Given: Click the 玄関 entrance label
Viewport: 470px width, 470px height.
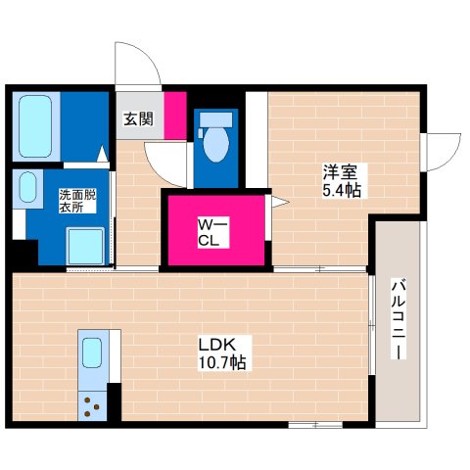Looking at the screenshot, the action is tap(138, 119).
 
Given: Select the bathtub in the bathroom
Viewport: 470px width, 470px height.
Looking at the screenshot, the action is tap(35, 126).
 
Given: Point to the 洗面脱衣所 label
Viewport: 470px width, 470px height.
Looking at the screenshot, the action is tap(77, 202).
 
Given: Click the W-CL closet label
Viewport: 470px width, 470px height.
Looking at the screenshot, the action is tap(213, 232).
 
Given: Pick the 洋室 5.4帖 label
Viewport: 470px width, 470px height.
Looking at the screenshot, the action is tap(342, 181).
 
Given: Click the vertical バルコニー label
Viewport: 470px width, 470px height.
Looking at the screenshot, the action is tap(399, 318).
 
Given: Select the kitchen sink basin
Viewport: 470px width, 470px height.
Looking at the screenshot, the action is tap(92, 352).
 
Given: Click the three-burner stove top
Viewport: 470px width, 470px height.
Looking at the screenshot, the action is tap(92, 406).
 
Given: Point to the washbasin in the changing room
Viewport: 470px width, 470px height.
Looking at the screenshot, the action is tap(27, 187).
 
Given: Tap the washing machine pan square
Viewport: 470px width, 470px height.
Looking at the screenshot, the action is tap(85, 246).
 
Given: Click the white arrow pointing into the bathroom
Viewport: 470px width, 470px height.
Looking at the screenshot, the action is tap(103, 154).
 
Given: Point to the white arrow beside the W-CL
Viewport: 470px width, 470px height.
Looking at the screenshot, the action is tap(280, 202).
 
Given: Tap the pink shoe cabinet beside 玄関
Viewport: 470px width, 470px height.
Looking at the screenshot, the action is tap(175, 116).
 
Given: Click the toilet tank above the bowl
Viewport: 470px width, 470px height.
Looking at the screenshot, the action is tap(215, 119).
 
